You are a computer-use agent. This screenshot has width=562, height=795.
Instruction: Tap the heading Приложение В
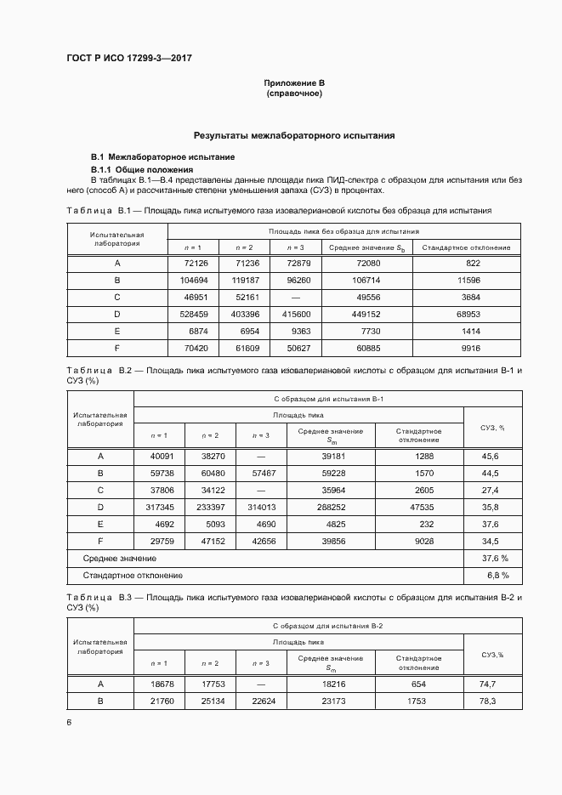point(294,82)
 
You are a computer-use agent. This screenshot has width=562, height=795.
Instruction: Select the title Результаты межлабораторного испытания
point(294,135)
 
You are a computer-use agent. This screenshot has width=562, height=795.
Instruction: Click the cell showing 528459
point(193,315)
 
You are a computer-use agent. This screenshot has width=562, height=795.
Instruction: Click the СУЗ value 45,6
point(491,457)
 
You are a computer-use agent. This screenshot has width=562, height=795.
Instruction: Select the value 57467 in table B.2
point(261,473)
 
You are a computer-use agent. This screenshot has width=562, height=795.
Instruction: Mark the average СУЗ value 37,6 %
point(491,558)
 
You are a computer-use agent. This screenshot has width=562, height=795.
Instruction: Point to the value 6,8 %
point(491,575)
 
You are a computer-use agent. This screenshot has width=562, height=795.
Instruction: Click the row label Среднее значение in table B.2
point(120,558)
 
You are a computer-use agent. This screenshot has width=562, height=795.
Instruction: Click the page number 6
point(69,723)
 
